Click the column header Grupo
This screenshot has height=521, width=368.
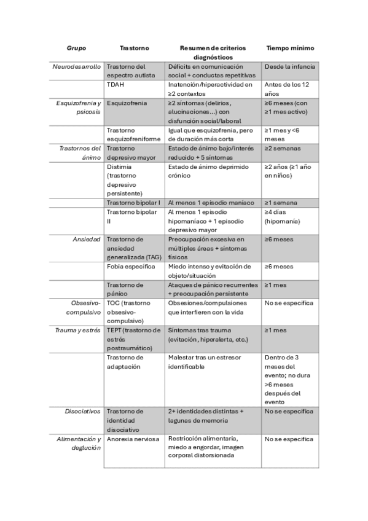click(x=76, y=47)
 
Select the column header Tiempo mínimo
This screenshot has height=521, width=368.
click(x=289, y=47)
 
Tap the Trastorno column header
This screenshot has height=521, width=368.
click(x=133, y=47)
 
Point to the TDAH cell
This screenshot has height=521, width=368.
click(x=115, y=84)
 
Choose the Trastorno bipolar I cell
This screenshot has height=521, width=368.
click(x=133, y=202)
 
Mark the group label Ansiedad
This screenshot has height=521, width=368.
click(x=88, y=239)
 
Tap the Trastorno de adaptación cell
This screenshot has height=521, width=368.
click(x=125, y=362)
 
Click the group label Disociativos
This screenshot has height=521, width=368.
click(x=83, y=411)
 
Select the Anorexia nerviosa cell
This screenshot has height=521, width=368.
click(x=133, y=439)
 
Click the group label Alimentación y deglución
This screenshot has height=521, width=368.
click(x=79, y=444)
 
